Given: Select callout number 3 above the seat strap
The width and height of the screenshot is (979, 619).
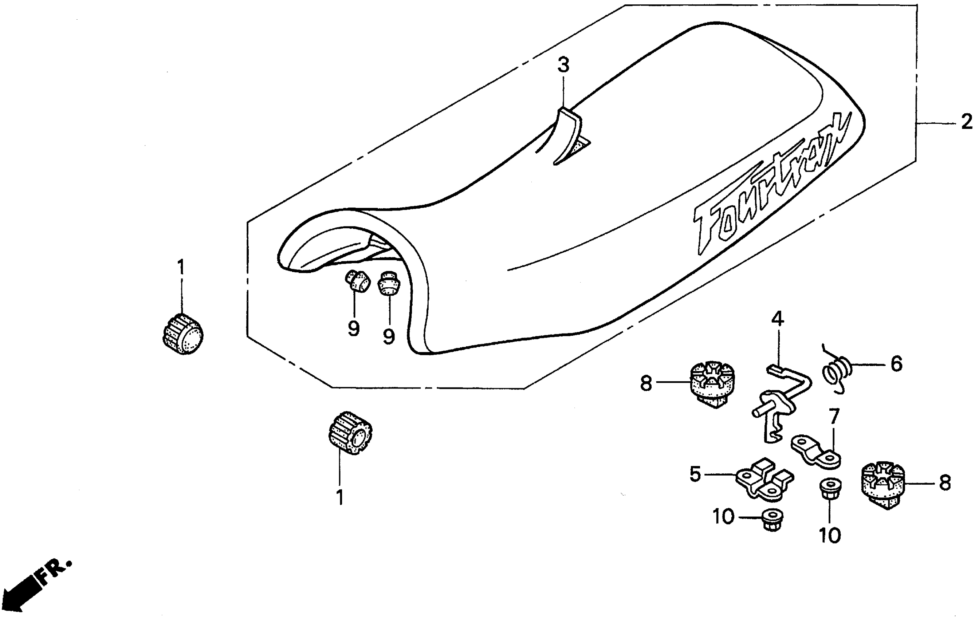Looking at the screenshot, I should (x=563, y=65).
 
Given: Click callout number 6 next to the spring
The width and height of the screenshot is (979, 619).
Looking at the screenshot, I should (x=896, y=364).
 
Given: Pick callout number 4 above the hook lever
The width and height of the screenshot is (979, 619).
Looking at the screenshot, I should (x=777, y=319).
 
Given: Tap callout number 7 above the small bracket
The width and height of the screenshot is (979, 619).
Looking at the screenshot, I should (x=833, y=417).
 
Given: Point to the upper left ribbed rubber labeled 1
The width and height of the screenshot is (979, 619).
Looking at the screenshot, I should (x=182, y=334).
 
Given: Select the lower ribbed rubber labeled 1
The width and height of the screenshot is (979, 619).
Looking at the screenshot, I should (x=350, y=433).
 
